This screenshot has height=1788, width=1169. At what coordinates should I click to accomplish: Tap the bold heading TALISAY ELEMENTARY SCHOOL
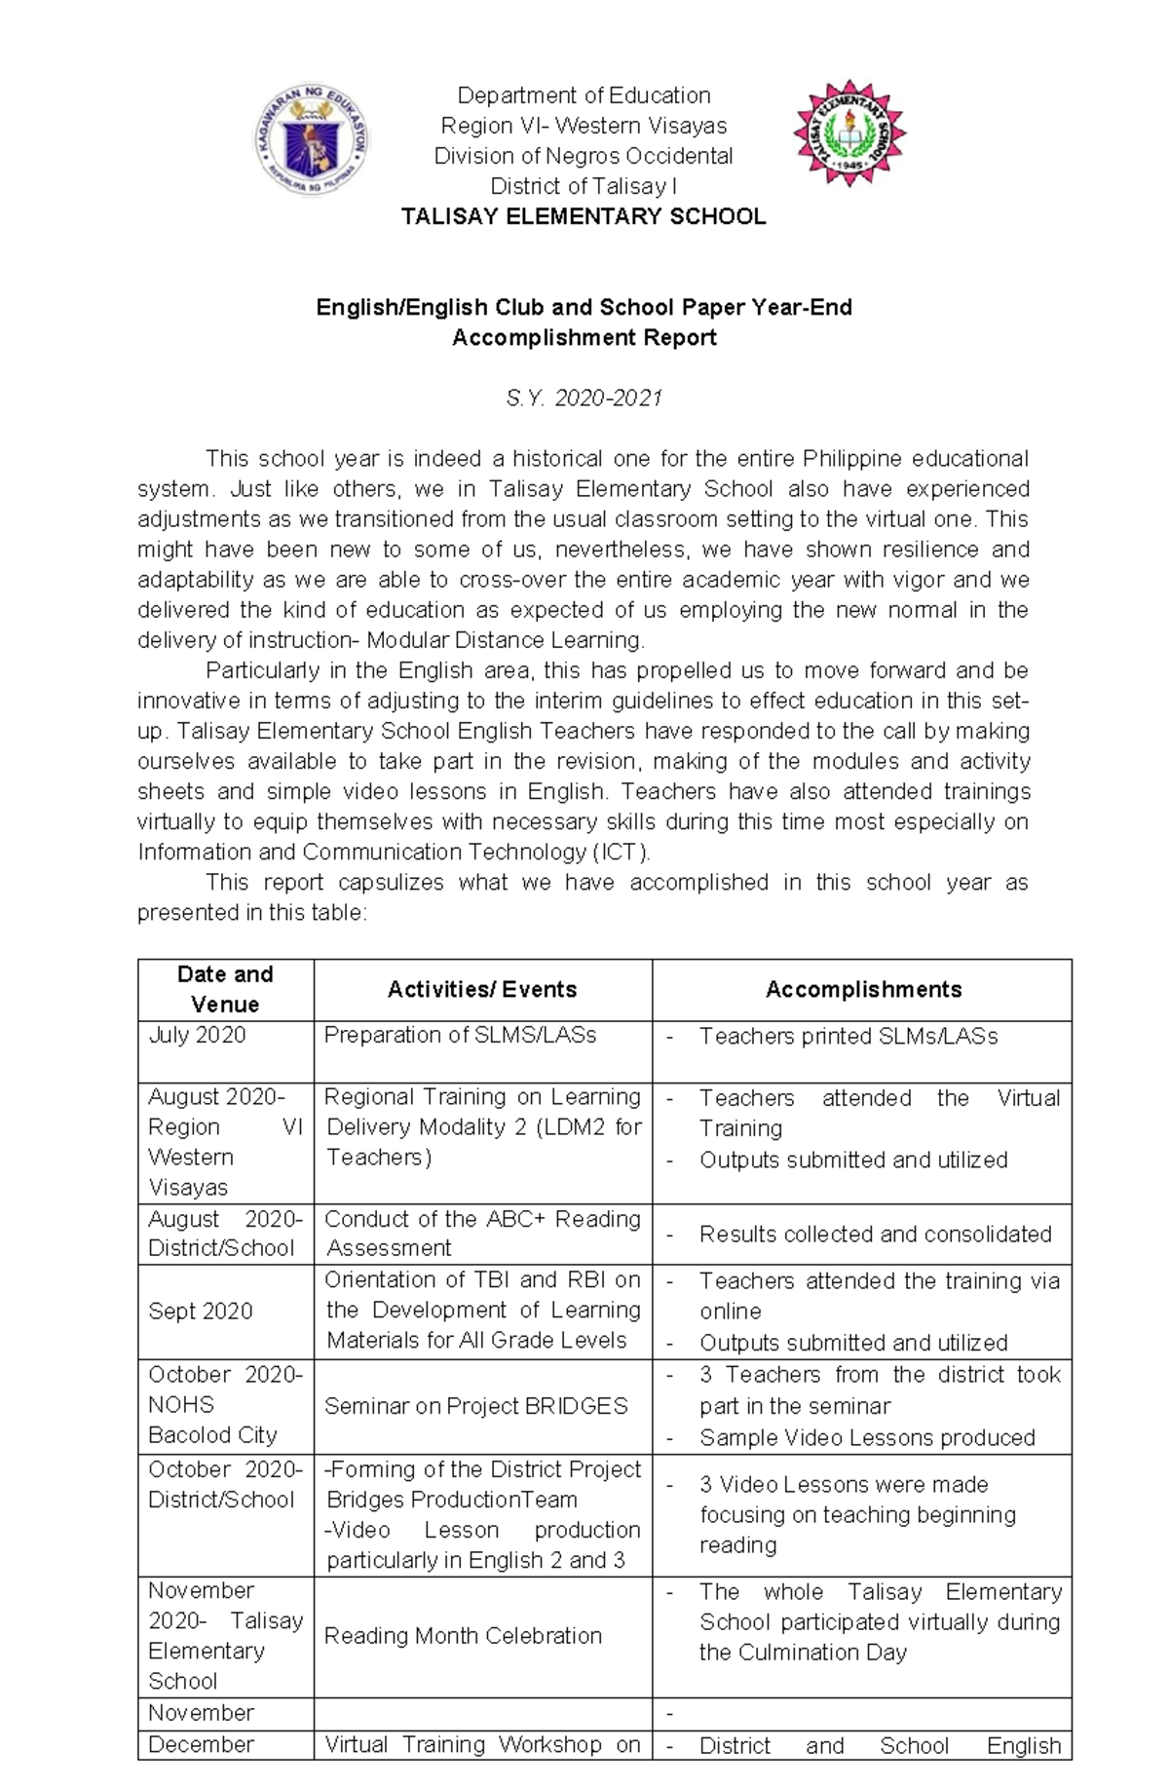[x=584, y=216]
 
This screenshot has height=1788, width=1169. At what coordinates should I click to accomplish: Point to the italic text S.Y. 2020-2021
[x=584, y=399]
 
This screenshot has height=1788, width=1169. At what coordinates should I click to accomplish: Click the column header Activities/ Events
[x=482, y=990]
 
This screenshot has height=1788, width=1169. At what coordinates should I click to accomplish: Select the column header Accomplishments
[x=863, y=990]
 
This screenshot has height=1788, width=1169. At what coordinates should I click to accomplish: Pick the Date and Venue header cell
[x=225, y=989]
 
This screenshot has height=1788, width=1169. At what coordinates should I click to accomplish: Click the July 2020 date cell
[x=197, y=1035]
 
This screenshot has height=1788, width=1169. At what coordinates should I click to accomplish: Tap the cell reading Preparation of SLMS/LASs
[x=460, y=1035]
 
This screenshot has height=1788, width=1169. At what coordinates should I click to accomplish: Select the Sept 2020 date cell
[x=200, y=1312]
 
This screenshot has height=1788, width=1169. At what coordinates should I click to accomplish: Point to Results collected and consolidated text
[x=875, y=1235]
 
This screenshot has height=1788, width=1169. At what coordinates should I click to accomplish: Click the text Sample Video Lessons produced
[x=867, y=1438]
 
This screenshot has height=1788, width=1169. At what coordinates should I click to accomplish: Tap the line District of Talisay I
[x=584, y=186]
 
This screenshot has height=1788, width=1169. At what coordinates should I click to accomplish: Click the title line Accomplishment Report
[x=584, y=338]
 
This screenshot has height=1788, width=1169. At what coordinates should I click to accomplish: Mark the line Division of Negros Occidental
[x=584, y=156]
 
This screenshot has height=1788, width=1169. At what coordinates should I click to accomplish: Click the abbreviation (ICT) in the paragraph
[x=621, y=853]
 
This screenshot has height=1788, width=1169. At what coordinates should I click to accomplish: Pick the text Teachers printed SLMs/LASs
[x=848, y=1037]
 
